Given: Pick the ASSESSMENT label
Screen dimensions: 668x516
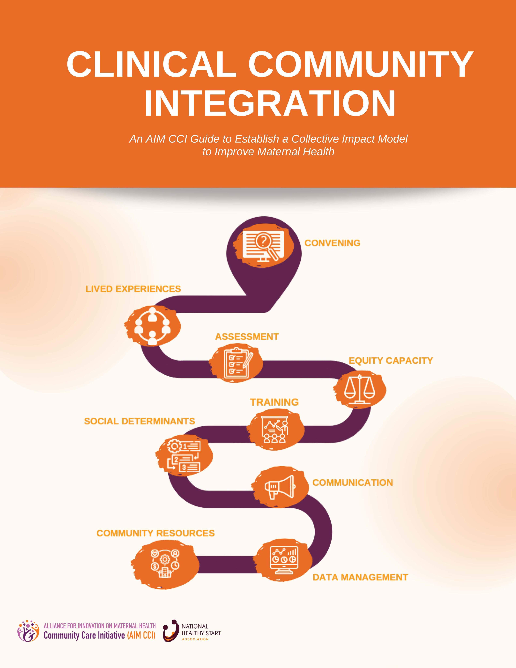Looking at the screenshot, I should point(247,337).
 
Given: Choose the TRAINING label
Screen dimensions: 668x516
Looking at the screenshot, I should point(274,402).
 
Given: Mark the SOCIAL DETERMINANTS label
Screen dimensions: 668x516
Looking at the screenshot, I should point(139,421).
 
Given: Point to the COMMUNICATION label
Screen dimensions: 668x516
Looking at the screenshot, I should point(353,482).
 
